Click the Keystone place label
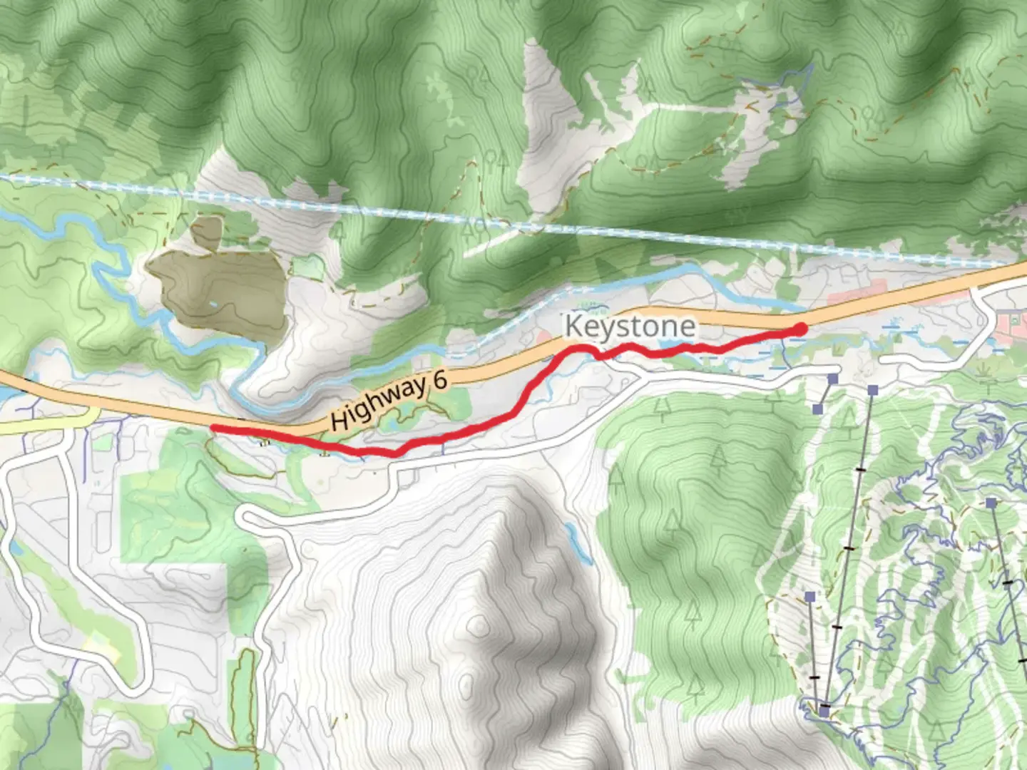[x=630, y=327]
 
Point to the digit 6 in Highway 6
[x=440, y=379]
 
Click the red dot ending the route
[x=800, y=329]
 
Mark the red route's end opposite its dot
[x=213, y=428]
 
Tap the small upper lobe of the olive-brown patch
[x=207, y=232]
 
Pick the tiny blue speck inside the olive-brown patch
[x=213, y=304]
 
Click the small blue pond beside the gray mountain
[x=571, y=531]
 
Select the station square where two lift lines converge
[x=824, y=711]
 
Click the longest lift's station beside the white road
[x=873, y=390]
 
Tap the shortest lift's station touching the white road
[x=832, y=379]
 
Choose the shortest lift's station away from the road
[x=818, y=409]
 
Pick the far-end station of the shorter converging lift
[x=809, y=596]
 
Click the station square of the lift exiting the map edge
[x=991, y=503]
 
